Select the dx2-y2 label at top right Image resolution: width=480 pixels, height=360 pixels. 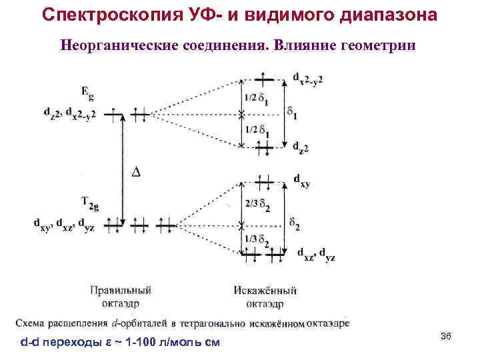[x=309, y=79]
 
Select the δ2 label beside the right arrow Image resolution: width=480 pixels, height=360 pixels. [x=294, y=221]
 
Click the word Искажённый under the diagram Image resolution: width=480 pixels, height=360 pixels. [x=265, y=291]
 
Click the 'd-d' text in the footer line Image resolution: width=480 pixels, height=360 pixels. [x=30, y=343]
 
